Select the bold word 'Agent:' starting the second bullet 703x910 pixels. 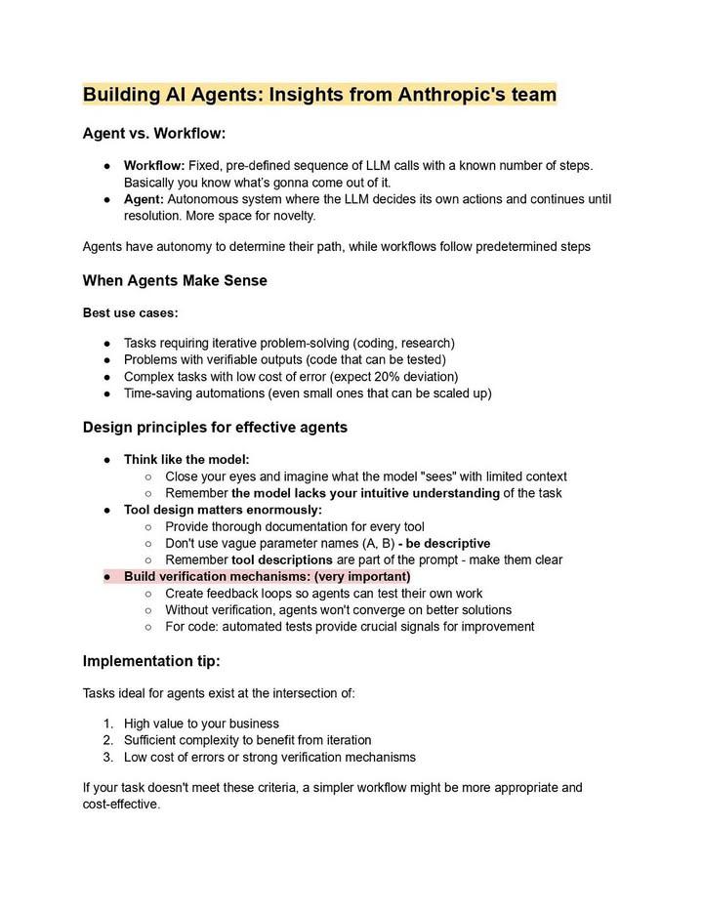[x=144, y=199]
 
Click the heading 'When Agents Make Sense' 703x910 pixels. [x=175, y=281]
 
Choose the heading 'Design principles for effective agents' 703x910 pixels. [x=215, y=428]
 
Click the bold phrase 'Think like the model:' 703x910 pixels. [x=186, y=460]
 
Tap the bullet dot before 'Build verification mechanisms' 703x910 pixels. [x=106, y=577]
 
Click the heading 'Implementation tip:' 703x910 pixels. [x=151, y=661]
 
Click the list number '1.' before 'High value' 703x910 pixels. [x=108, y=724]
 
